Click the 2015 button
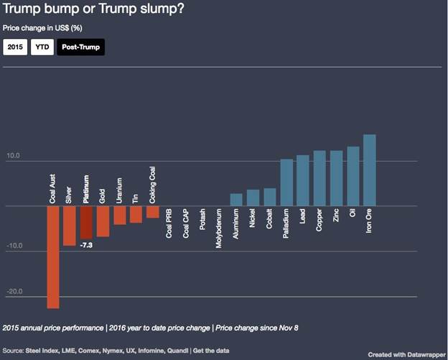[14, 48]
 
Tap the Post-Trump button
[80, 48]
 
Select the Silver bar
[69, 226]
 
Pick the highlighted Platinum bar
[86, 222]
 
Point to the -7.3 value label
[88, 246]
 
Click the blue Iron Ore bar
[370, 170]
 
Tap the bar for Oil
[353, 176]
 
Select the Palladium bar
[286, 183]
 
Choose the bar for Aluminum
[235, 200]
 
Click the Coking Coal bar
[152, 211]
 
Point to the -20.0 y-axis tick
[14, 292]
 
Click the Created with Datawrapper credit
[405, 354]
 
